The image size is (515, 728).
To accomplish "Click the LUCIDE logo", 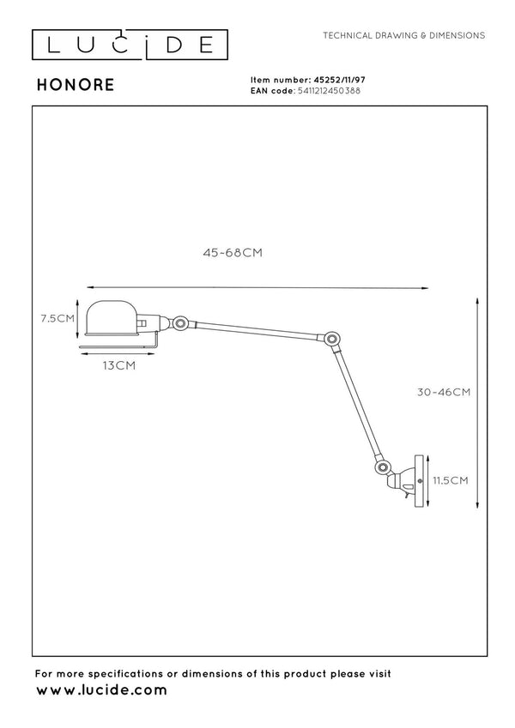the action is click(x=130, y=45).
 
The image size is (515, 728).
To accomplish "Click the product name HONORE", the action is click(x=76, y=85).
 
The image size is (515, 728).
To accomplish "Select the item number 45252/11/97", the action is click(x=339, y=80).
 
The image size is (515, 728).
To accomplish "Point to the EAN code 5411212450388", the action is click(x=329, y=91).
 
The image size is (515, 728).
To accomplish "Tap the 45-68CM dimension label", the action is click(x=233, y=253).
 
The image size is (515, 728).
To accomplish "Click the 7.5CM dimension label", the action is click(x=58, y=318).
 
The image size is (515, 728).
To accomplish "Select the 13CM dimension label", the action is click(x=119, y=366).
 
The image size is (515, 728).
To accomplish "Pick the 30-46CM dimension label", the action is click(x=444, y=393).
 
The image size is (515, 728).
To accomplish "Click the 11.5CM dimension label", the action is click(x=451, y=480).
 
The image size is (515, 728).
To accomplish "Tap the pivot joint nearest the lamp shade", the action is click(x=180, y=322).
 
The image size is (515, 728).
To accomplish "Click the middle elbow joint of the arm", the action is click(x=331, y=339).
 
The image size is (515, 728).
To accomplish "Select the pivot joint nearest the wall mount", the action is click(x=383, y=467).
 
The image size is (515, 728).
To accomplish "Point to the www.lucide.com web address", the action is click(x=101, y=690).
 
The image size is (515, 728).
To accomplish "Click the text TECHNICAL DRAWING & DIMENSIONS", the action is click(x=404, y=35).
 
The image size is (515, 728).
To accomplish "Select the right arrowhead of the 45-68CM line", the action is click(x=425, y=288).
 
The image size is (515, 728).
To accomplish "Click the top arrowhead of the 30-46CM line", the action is click(x=477, y=302).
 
